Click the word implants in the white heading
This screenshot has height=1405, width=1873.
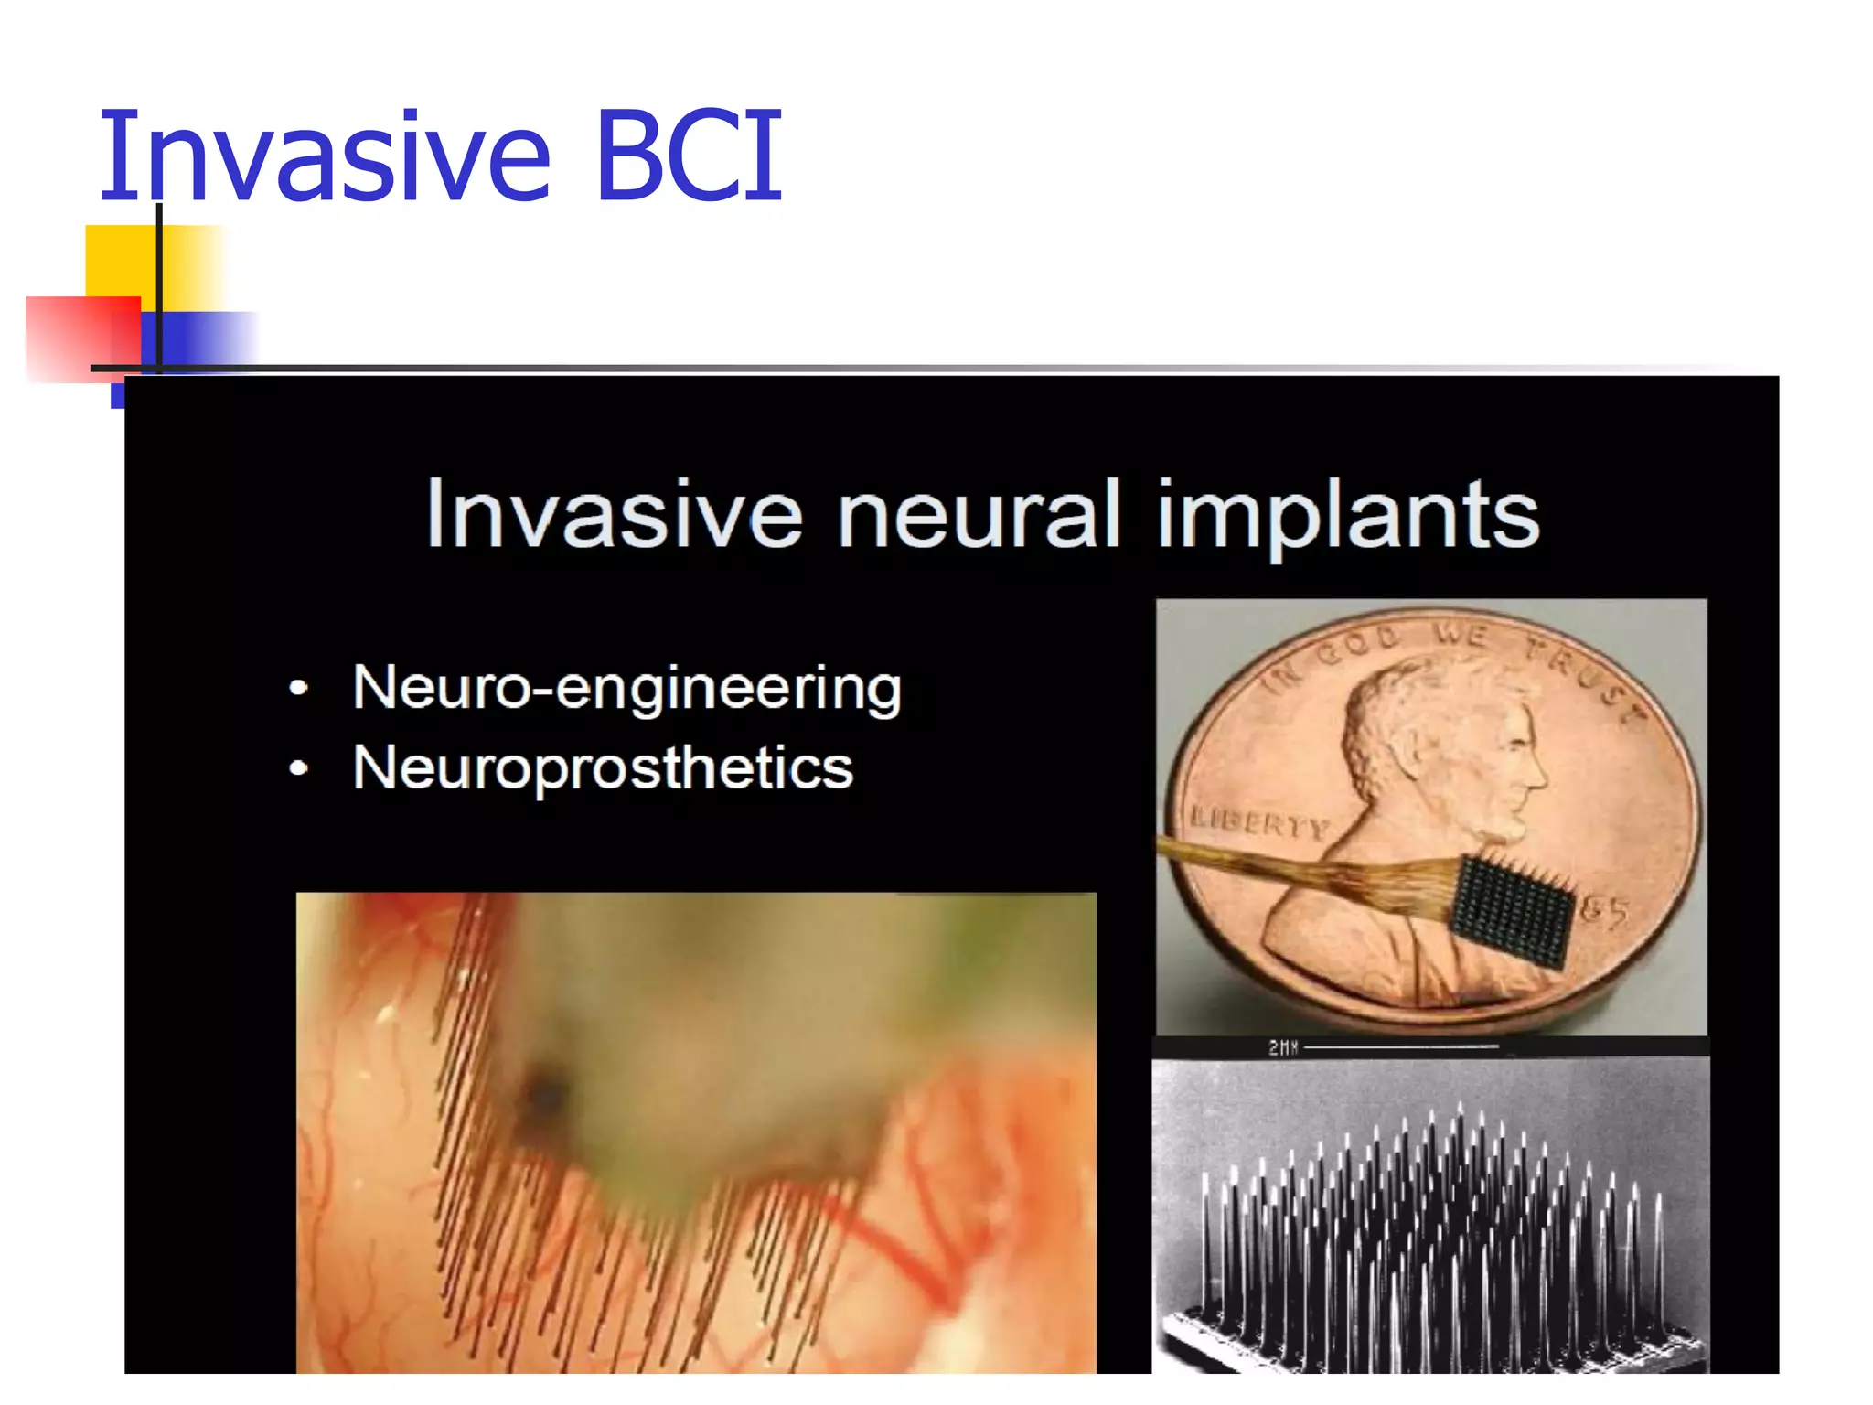(1348, 517)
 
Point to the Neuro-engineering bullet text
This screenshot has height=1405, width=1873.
(627, 688)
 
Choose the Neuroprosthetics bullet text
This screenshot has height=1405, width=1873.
(603, 767)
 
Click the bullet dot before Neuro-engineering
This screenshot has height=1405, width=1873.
(298, 689)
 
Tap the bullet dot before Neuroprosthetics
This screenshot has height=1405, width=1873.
(298, 768)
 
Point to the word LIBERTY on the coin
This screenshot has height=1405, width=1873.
(1258, 822)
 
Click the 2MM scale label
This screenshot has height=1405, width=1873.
(1283, 1047)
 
